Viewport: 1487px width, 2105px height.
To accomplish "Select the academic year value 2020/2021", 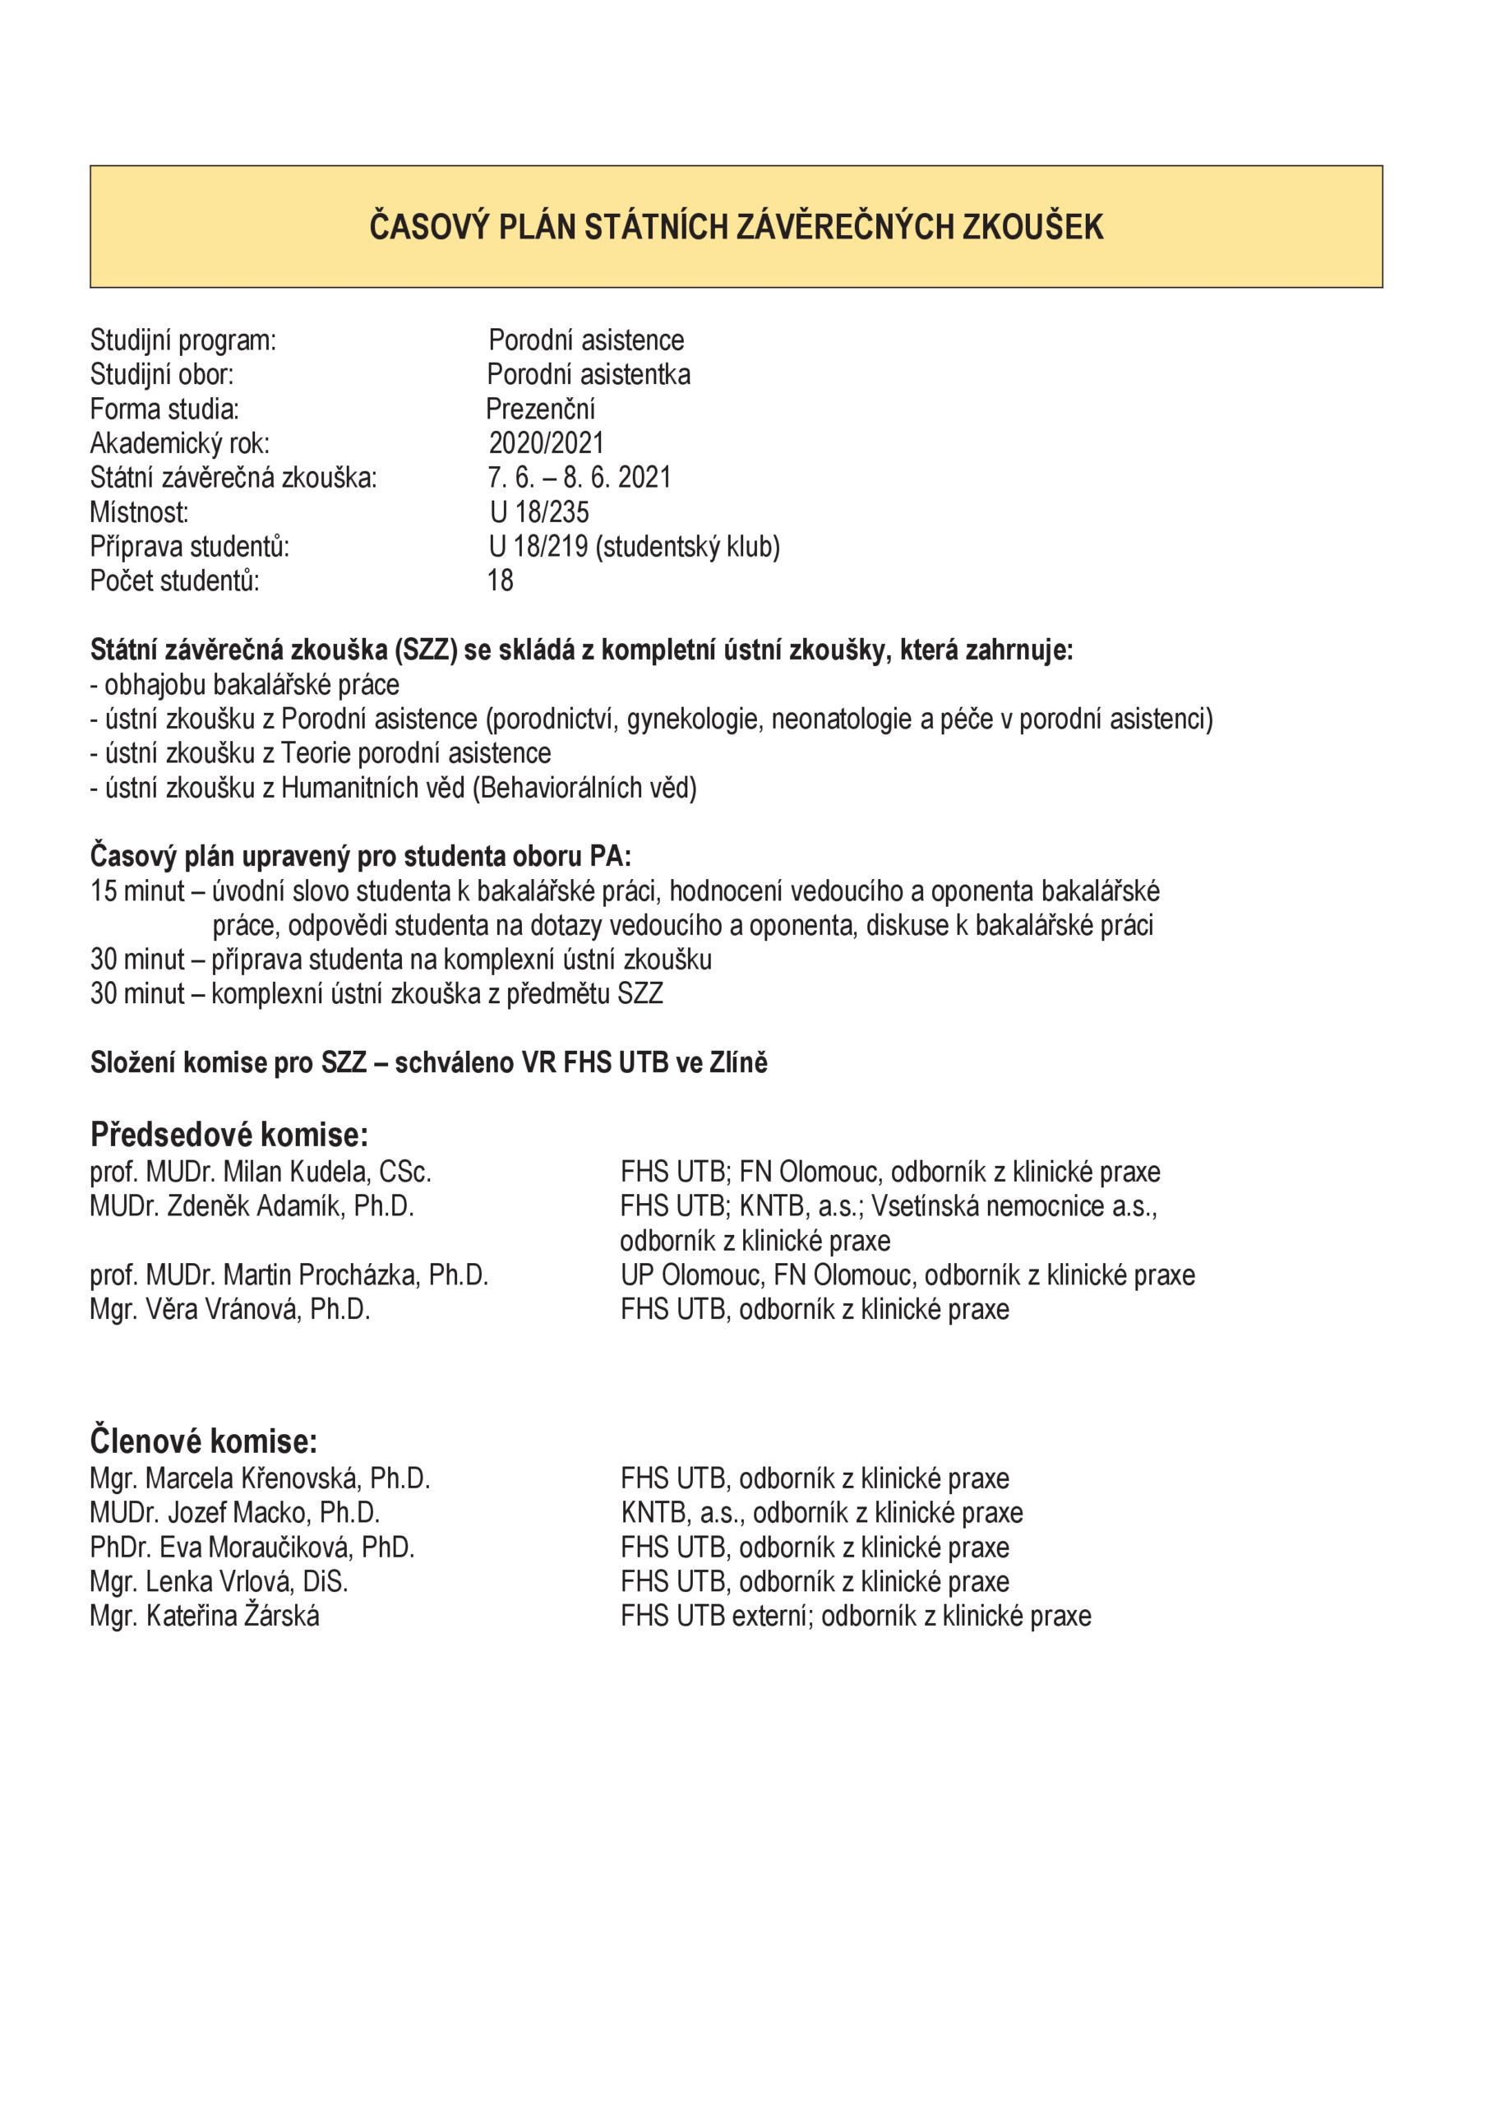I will click(x=547, y=444).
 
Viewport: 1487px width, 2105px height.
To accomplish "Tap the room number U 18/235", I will click(x=539, y=512).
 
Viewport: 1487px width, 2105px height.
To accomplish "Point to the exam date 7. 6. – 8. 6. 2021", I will click(x=580, y=478).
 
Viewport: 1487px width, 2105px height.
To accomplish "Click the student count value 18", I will click(x=501, y=581).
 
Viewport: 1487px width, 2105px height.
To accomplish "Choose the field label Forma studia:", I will click(x=164, y=409).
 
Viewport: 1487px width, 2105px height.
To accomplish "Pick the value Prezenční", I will click(x=541, y=409).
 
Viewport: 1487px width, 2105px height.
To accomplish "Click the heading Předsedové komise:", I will click(x=229, y=1135).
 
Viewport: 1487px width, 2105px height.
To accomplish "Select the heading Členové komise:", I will click(x=204, y=1441).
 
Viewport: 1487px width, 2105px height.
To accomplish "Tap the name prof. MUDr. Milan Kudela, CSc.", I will click(x=261, y=1173).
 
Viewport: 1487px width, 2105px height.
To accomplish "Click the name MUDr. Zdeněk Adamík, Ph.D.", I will click(x=252, y=1206).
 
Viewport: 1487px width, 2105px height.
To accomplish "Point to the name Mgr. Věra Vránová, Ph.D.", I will click(x=230, y=1310).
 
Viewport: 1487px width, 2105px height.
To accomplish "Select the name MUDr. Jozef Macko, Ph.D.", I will click(x=235, y=1513).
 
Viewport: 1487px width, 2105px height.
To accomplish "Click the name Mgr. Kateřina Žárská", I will click(x=205, y=1616).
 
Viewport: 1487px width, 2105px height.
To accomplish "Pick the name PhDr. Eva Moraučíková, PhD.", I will click(x=252, y=1548).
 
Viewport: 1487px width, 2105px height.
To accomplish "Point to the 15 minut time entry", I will click(x=137, y=891).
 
